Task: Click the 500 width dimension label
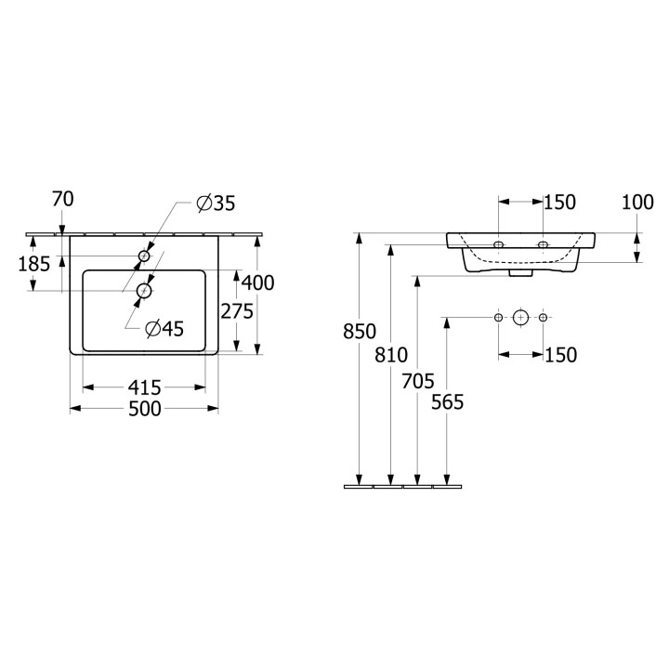(145, 409)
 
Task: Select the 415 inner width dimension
(145, 387)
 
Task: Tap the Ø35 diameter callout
(216, 203)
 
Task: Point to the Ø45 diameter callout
(164, 328)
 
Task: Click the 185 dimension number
(34, 264)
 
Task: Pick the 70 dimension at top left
(63, 199)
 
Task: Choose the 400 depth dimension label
(257, 282)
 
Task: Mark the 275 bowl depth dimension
(237, 311)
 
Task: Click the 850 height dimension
(360, 332)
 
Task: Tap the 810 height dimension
(391, 355)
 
